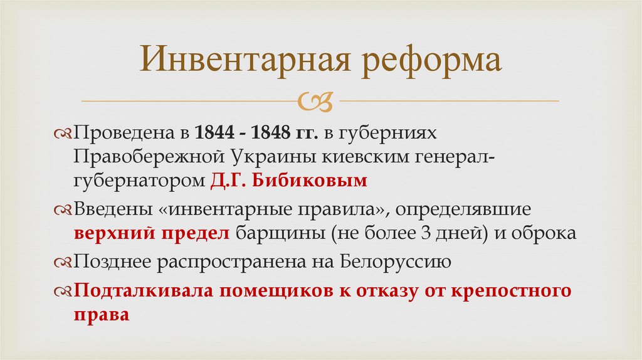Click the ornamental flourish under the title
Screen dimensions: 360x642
click(320, 100)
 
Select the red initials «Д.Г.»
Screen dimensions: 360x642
click(230, 181)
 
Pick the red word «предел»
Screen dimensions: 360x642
click(201, 233)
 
